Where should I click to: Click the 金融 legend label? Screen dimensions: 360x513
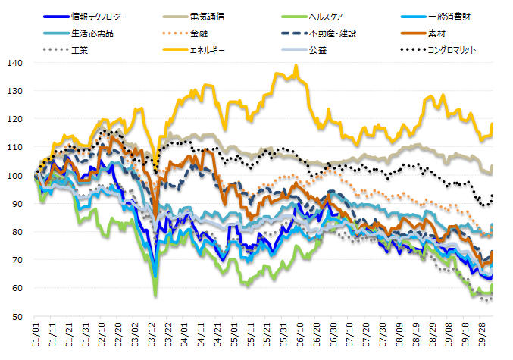[x=199, y=33]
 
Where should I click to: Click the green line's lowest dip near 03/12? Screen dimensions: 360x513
[x=155, y=295]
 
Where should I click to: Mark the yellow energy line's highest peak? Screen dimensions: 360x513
[x=296, y=66]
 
